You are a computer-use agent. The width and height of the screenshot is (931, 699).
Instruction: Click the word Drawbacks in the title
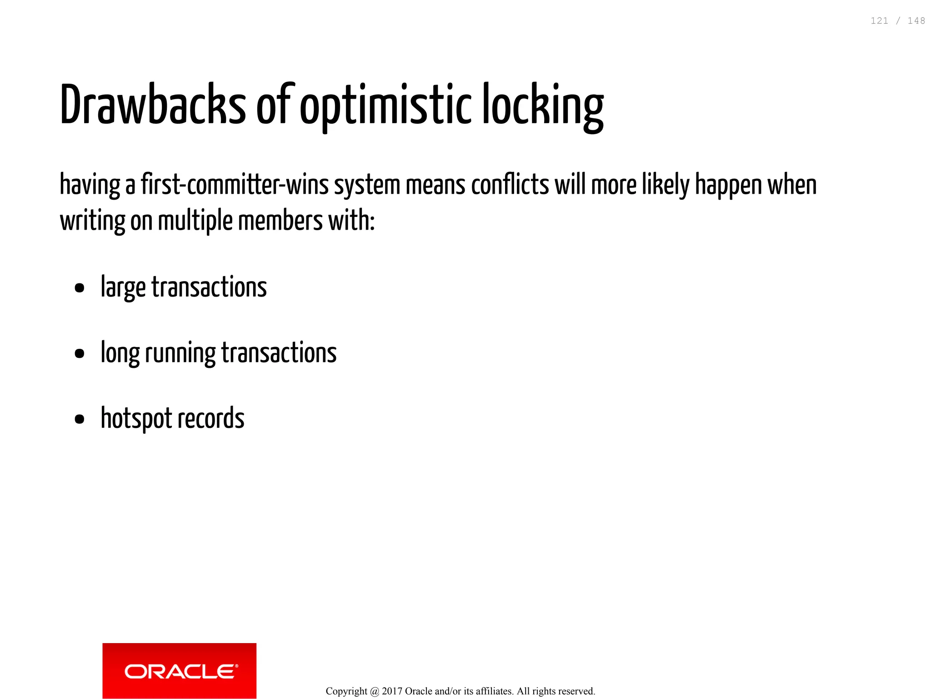[x=153, y=105]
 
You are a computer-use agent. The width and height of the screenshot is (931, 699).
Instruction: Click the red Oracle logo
[x=179, y=670]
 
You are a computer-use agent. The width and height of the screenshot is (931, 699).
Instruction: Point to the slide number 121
[x=879, y=21]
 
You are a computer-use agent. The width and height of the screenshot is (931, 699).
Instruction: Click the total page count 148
[x=916, y=21]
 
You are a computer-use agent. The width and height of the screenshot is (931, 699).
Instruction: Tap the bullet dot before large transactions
[x=80, y=288]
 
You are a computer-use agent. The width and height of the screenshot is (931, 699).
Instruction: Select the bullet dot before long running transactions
[x=80, y=353]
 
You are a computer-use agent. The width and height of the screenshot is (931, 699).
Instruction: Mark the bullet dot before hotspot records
[x=80, y=419]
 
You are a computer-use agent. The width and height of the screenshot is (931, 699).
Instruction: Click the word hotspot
[x=136, y=419]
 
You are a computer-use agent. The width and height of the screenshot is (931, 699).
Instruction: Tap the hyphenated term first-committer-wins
[x=235, y=185]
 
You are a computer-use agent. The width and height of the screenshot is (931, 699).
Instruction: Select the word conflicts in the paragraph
[x=510, y=185]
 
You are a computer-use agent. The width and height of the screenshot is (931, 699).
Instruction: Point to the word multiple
[x=195, y=221]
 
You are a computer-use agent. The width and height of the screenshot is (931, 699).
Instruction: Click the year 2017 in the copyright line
[x=392, y=691]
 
